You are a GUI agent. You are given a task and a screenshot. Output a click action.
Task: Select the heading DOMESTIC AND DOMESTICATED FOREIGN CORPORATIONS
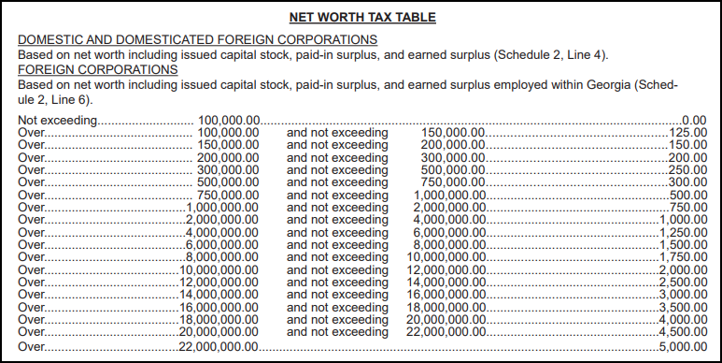197,40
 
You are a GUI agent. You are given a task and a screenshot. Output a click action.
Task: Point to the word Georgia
591,84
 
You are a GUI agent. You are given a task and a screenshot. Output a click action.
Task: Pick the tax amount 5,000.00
681,346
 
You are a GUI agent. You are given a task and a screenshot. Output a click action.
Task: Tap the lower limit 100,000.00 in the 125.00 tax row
229,134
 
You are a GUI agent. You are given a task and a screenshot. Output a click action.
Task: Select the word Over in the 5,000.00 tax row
31,346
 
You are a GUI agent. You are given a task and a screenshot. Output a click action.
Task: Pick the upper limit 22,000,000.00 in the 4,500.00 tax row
446,331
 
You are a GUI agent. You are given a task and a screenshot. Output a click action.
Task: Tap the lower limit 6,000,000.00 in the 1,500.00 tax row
221,243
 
